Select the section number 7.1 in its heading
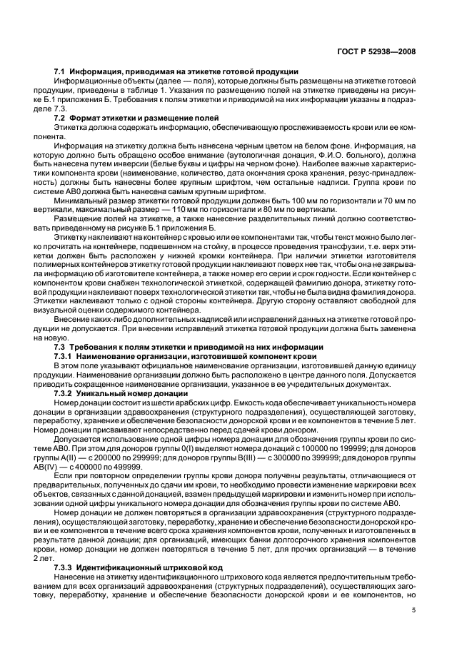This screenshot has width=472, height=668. (x=61, y=71)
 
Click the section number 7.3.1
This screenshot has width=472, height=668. (x=66, y=355)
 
